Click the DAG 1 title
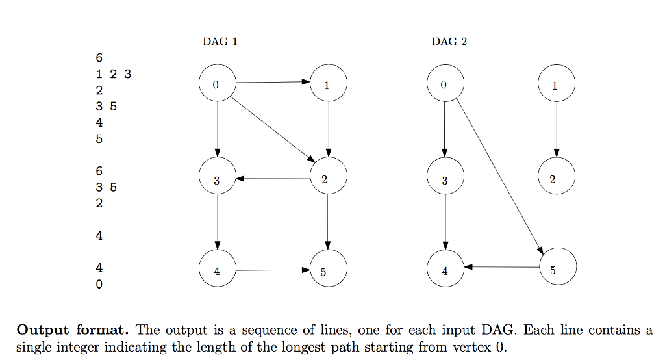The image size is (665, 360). click(x=220, y=42)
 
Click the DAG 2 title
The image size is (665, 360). click(x=449, y=42)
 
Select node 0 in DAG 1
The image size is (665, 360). click(x=216, y=84)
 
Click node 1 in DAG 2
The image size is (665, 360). click(x=557, y=84)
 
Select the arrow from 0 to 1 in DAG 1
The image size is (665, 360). click(x=273, y=83)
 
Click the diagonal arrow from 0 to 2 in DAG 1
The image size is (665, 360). click(x=273, y=129)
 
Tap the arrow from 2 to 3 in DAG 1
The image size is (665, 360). click(x=273, y=178)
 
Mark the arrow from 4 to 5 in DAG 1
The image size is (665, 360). click(x=273, y=270)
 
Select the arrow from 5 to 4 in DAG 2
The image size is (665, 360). click(x=501, y=267)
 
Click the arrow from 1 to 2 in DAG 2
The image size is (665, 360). click(x=557, y=130)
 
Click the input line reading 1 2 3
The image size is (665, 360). click(x=113, y=74)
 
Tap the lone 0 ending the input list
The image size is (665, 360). click(x=99, y=285)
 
